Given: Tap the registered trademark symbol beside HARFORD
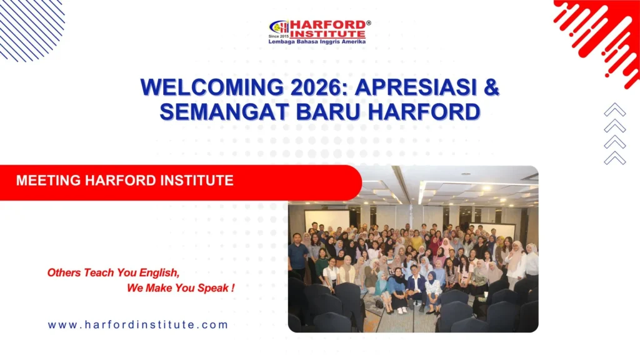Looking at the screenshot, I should click(x=368, y=23).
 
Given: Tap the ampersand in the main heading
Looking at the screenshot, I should click(x=491, y=87).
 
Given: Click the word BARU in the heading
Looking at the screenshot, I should click(x=326, y=111).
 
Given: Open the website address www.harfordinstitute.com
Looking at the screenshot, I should click(x=138, y=325).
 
